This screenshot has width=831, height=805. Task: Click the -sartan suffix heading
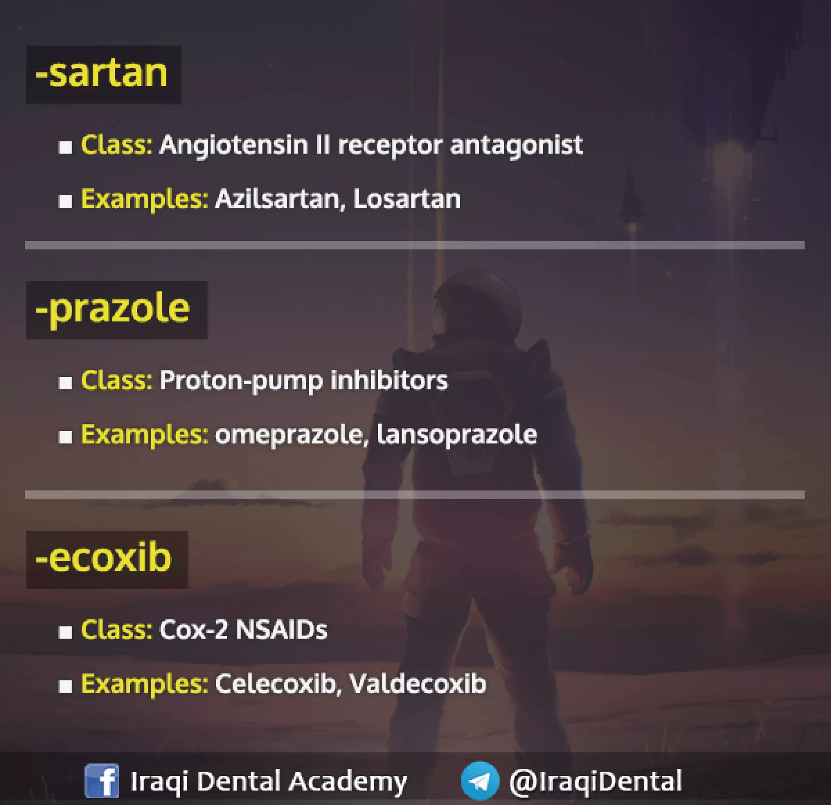[x=102, y=74]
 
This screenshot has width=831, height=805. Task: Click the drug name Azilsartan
[x=278, y=199]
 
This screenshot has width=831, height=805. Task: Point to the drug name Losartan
[x=407, y=199]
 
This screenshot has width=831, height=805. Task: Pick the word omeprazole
[x=289, y=435]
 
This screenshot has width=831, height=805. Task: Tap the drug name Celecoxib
[x=276, y=684]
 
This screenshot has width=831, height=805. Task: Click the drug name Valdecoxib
[x=418, y=684]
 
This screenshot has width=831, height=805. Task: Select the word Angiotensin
[x=234, y=145]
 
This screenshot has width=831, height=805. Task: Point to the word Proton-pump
[x=241, y=380]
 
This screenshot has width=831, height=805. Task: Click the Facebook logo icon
[x=102, y=780]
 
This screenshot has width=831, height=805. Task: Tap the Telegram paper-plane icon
[x=480, y=780]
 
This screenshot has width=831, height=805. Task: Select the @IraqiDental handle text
[x=596, y=780]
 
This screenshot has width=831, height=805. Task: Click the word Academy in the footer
[x=349, y=780]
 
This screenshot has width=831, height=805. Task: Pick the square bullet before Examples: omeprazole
[x=65, y=436]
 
